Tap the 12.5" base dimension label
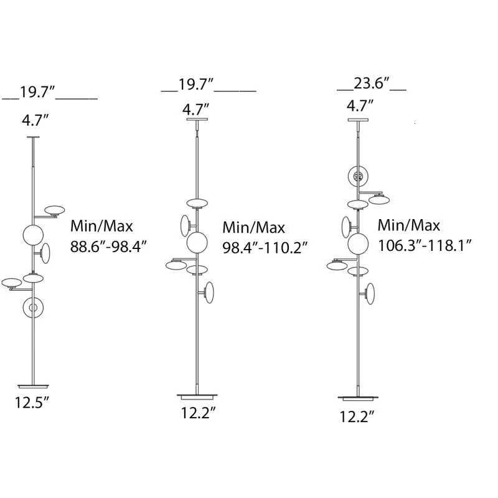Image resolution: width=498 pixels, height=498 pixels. coord(32,402)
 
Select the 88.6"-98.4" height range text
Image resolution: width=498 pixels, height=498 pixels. coord(108,247)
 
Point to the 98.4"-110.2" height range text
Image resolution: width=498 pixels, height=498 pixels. coord(265,247)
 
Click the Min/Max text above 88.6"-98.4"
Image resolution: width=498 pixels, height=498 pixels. coord(101,227)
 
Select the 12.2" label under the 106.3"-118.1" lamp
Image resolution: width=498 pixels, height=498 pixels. coord(358,416)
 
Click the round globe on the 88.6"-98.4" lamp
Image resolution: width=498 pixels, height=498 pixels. coord(33,235)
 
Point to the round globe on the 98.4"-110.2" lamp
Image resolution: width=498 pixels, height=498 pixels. coord(197,242)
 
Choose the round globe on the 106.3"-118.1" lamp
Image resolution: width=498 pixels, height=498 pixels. coord(359,243)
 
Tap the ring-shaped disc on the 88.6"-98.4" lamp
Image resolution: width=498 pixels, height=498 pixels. coord(33,308)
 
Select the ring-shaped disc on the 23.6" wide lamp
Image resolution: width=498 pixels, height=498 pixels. coord(357,177)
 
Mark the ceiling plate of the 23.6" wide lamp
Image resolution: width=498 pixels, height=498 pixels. coord(358,120)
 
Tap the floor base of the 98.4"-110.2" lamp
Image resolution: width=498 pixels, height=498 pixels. coord(197,395)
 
